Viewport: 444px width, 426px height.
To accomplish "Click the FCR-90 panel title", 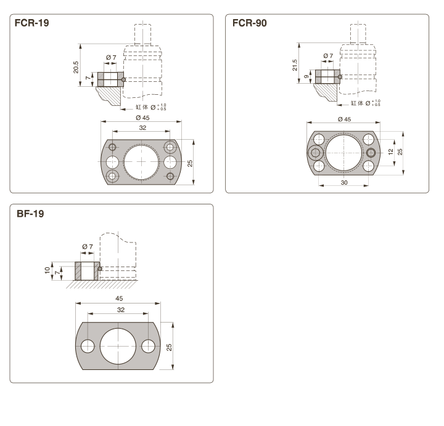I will click(250, 23).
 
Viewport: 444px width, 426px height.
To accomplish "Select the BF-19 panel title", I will click(30, 214).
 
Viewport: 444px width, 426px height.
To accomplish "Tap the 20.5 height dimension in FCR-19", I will click(76, 66).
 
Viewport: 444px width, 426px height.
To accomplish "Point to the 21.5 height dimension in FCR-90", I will click(294, 64).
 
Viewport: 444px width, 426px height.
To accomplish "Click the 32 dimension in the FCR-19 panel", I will click(142, 128).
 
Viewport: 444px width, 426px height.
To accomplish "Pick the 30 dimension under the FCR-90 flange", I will click(343, 183).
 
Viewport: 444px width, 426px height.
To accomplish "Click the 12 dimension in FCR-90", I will click(390, 151).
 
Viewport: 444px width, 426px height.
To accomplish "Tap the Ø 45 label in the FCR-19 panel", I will click(142, 118).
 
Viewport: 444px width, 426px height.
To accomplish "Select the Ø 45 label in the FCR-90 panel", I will click(344, 118).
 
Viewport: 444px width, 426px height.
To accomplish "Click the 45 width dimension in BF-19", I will click(118, 299).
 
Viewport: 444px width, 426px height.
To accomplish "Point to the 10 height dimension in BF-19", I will click(48, 270).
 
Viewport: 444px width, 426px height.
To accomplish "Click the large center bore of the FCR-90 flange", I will click(343, 152).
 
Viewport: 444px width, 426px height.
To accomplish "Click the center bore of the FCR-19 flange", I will click(142, 163).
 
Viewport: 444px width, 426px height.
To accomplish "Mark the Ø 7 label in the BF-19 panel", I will click(87, 247).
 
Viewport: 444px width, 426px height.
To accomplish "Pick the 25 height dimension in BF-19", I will click(170, 346).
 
